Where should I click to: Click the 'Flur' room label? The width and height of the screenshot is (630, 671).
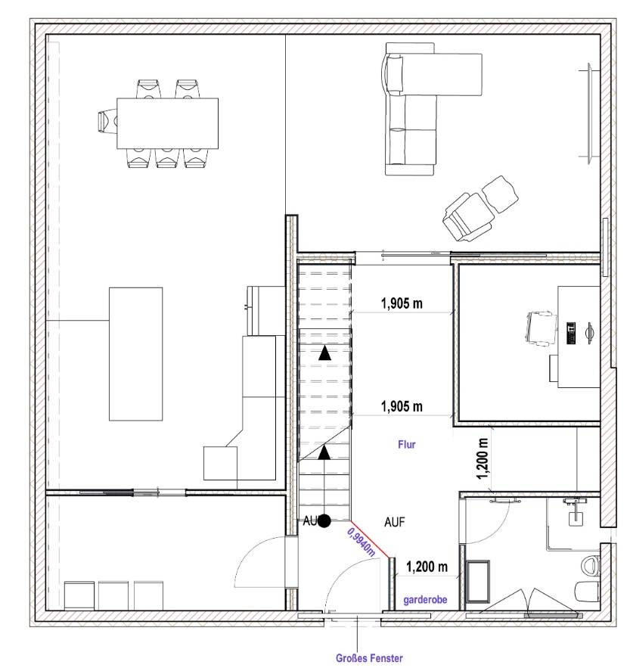(x=407, y=445)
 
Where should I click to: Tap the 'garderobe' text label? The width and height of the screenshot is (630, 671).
(x=425, y=600)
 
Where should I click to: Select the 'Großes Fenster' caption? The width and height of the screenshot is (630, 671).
(x=369, y=658)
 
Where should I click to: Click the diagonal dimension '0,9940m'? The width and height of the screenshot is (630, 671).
(x=362, y=542)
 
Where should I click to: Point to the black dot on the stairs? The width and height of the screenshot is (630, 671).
(x=324, y=520)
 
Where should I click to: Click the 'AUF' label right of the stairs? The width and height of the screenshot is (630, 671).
(x=394, y=522)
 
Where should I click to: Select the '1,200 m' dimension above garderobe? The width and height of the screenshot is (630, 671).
(x=427, y=567)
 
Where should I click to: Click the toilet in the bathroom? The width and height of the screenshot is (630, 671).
(x=592, y=565)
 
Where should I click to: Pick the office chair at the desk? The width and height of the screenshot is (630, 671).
(x=541, y=328)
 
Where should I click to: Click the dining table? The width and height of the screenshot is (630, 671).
(x=168, y=123)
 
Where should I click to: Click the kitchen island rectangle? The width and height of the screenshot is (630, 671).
(x=135, y=354)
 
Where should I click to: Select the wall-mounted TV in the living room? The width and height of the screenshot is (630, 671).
(x=590, y=113)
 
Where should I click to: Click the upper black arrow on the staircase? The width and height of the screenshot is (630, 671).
(x=324, y=353)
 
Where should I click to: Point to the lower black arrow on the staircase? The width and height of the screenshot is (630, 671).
(x=324, y=452)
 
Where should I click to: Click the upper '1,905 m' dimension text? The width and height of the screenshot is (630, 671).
(x=402, y=304)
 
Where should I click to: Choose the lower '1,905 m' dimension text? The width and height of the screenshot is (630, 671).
(x=402, y=406)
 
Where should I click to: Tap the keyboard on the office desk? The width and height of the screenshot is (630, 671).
(x=570, y=333)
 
